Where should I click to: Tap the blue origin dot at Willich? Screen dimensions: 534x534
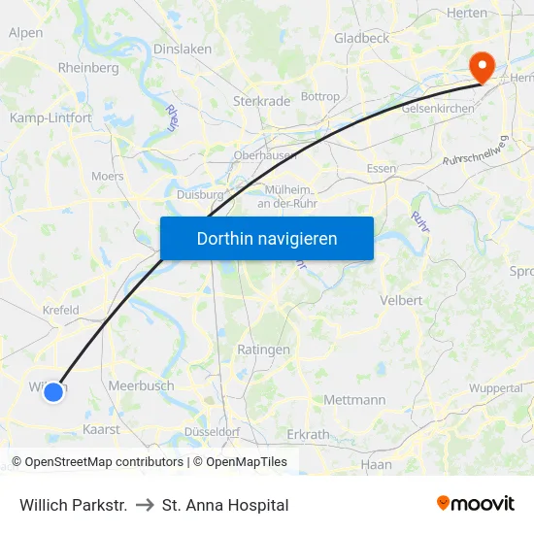pos(53,391)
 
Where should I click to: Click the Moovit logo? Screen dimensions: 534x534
pos(476,504)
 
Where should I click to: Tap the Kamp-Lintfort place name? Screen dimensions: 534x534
pos(50,117)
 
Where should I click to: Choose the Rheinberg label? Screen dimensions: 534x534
pos(88,68)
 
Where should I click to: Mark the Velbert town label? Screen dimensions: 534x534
pos(402,300)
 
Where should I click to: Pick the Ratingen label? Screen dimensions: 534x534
pos(263,350)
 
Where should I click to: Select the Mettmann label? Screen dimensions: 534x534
pos(354,399)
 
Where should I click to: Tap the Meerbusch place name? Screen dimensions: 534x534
pos(142,385)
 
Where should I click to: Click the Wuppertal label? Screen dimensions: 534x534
pos(495,388)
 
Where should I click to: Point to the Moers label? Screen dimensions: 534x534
pos(107,177)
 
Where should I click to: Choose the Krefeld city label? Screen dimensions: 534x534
pos(60,310)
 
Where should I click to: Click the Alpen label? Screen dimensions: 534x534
pos(25,32)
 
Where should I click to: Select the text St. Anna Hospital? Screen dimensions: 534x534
pos(225,505)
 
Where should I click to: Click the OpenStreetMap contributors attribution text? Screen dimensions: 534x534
pos(96,462)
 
